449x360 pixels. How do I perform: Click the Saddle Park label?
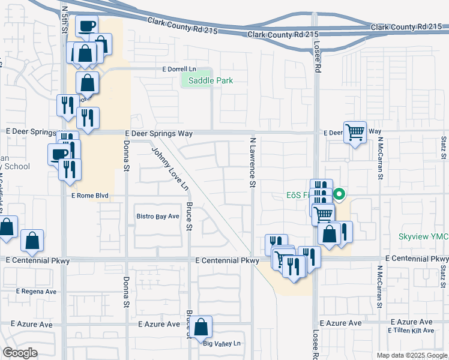210,80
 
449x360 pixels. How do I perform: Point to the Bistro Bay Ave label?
157,216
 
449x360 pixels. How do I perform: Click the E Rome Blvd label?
89,196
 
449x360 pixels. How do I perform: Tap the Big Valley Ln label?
221,344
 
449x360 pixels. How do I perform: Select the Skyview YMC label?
423,237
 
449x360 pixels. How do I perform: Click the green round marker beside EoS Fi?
339,194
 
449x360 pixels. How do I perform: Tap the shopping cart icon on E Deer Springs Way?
355,132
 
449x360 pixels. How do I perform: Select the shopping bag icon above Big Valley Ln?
202,328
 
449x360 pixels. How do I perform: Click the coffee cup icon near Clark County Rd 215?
86,26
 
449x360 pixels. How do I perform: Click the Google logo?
20,353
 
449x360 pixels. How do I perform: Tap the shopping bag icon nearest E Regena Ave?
32,241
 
